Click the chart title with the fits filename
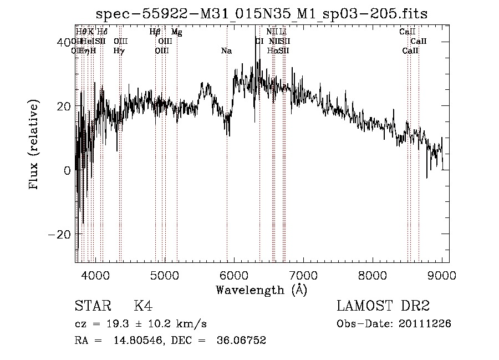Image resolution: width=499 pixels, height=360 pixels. (261, 13)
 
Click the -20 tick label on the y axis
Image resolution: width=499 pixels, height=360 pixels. (60, 234)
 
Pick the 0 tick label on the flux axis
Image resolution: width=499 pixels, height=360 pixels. (67, 170)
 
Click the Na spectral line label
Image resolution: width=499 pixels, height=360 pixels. (226, 51)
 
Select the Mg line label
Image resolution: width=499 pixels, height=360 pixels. (176, 32)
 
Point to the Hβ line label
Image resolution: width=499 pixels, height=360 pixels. (155, 32)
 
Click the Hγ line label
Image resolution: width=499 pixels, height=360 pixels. (119, 51)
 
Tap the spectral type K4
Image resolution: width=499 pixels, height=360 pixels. (143, 306)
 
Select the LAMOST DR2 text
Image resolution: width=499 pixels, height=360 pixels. (383, 306)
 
